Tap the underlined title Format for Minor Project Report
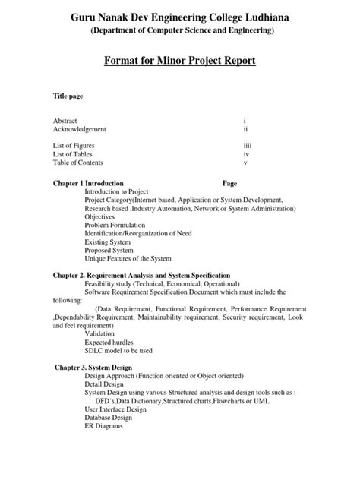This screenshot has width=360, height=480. point(180,60)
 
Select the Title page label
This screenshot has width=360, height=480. point(68,97)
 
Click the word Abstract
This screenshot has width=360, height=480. point(65,121)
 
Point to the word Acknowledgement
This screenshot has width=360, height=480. point(80,130)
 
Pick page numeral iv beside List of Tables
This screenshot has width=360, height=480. point(245,153)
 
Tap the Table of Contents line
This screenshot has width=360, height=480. point(77,163)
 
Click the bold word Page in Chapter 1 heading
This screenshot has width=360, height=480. point(230,184)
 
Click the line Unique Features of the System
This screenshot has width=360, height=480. point(128,259)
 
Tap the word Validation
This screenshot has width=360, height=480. point(99,333)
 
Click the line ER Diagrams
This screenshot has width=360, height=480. point(103,426)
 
